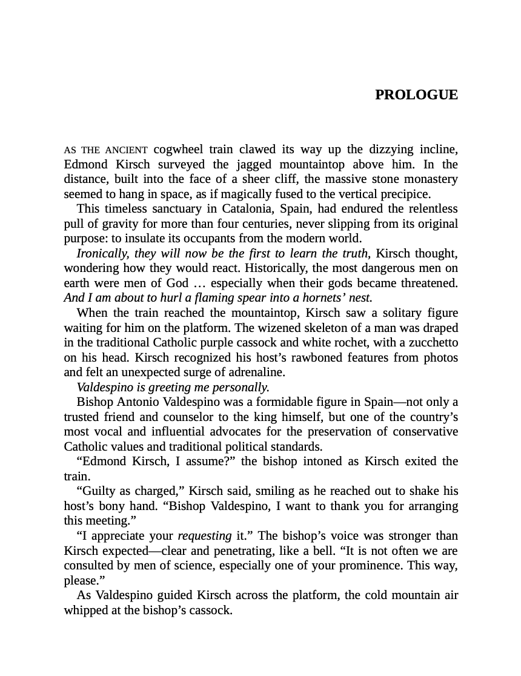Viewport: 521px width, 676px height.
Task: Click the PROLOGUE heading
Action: coord(416,95)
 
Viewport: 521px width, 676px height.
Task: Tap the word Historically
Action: coord(277,268)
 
